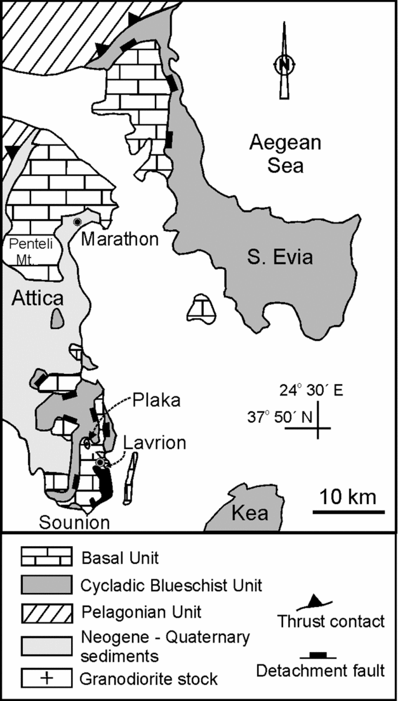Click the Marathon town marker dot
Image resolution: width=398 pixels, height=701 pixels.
tap(77, 222)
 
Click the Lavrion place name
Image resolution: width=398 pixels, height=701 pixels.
tap(155, 442)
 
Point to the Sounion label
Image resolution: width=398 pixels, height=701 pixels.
tap(75, 523)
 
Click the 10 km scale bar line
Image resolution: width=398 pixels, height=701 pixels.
tap(347, 511)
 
